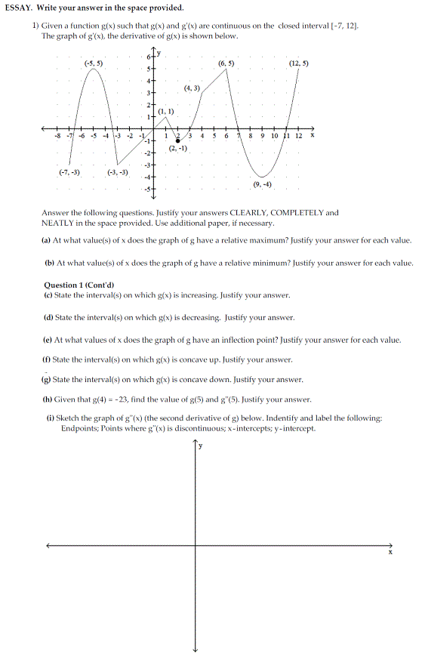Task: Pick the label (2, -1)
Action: pyautogui.click(x=178, y=149)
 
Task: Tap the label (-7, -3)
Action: pyautogui.click(x=69, y=172)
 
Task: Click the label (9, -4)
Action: pyautogui.click(x=263, y=185)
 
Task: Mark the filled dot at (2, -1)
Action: pyautogui.click(x=177, y=140)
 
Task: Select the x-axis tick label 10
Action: pyautogui.click(x=274, y=136)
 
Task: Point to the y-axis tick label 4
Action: pyautogui.click(x=149, y=80)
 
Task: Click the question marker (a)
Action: pyautogui.click(x=47, y=239)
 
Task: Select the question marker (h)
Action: pyautogui.click(x=47, y=399)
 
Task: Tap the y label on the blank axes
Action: pyautogui.click(x=200, y=446)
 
